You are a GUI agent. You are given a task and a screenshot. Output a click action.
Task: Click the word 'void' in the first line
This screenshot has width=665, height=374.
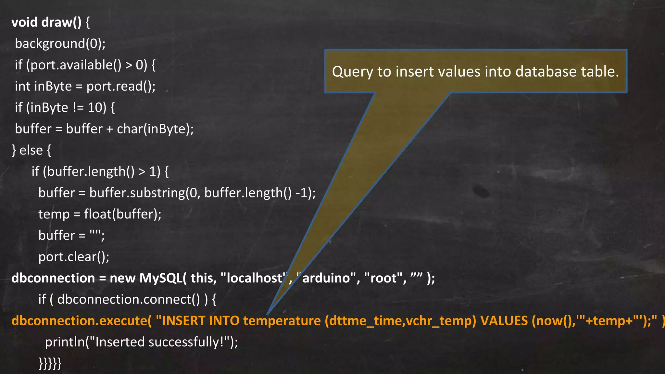point(24,22)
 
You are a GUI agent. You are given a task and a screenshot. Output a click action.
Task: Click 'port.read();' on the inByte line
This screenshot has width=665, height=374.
point(121,87)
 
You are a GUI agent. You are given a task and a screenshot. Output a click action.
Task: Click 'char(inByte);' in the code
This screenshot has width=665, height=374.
point(155,129)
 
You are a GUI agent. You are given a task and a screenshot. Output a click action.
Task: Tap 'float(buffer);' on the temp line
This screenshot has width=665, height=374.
point(122,214)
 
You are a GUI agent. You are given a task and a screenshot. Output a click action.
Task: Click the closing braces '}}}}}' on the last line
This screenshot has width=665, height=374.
point(50,363)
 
